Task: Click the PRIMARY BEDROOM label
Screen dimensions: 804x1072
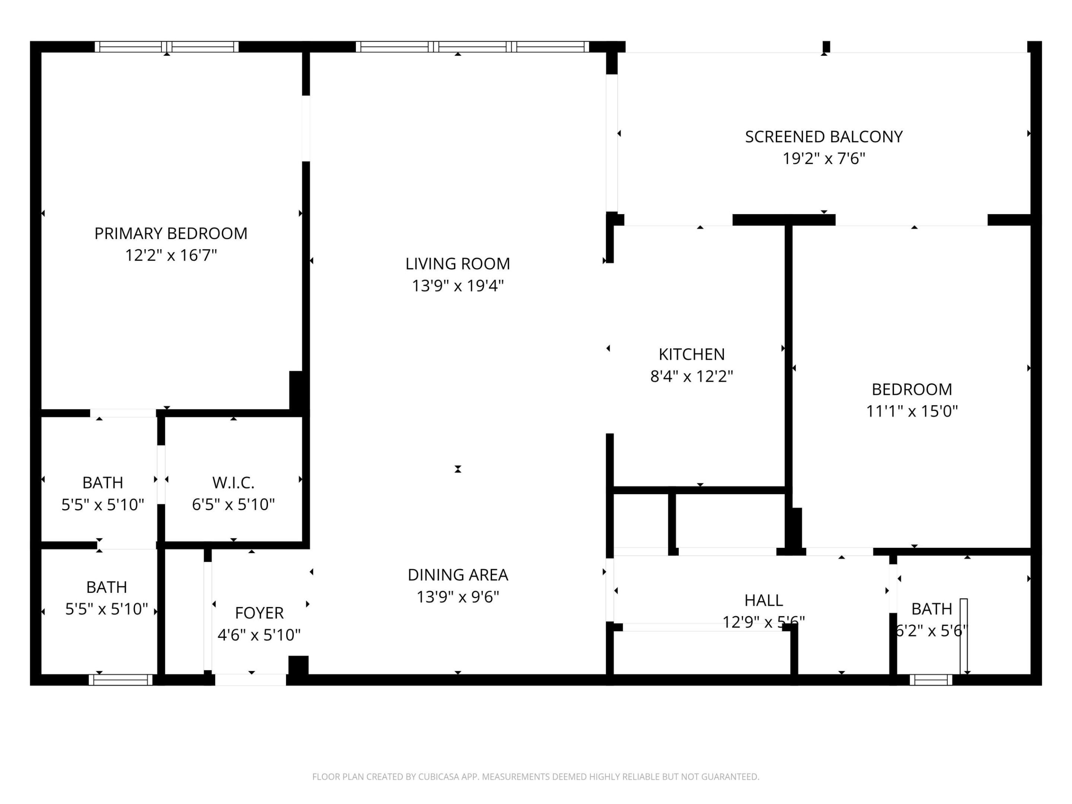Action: click(170, 234)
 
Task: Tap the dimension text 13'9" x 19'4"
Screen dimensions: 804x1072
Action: click(457, 286)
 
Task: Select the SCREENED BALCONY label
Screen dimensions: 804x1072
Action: click(823, 137)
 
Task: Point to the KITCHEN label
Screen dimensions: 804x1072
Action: click(691, 354)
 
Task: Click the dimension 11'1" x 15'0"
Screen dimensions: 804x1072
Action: click(912, 411)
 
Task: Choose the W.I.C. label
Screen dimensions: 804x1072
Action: click(233, 483)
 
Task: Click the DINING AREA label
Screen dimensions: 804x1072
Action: click(457, 575)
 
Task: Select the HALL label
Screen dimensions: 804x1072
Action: click(763, 600)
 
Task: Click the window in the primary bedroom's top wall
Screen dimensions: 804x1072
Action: click(166, 47)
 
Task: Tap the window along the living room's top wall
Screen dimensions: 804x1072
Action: click(472, 47)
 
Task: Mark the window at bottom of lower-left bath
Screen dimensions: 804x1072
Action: click(120, 680)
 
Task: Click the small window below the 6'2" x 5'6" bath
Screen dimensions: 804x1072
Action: click(931, 680)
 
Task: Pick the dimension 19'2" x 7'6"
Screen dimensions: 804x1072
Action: click(823, 159)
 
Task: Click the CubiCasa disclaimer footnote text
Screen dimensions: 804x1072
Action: click(536, 777)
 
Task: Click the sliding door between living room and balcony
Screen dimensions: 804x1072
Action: click(612, 143)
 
